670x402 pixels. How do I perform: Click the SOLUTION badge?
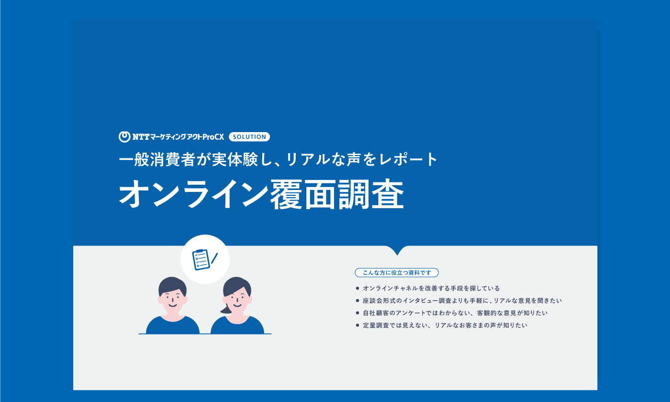click(249, 137)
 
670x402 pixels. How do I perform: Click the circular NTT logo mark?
click(124, 137)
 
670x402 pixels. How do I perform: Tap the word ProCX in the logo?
click(213, 137)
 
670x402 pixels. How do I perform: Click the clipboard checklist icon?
click(201, 259)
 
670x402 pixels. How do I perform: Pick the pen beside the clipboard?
click(214, 258)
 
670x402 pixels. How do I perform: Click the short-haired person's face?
click(173, 301)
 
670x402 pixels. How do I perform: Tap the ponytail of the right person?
click(226, 309)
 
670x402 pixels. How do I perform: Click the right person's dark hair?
click(237, 286)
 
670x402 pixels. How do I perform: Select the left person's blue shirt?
click(173, 325)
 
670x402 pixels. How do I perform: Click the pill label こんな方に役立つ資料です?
click(397, 273)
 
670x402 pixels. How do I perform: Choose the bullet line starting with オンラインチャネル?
click(428, 288)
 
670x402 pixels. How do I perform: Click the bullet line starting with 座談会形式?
click(459, 301)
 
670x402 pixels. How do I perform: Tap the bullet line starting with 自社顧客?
click(452, 313)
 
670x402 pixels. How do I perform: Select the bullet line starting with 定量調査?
click(441, 325)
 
